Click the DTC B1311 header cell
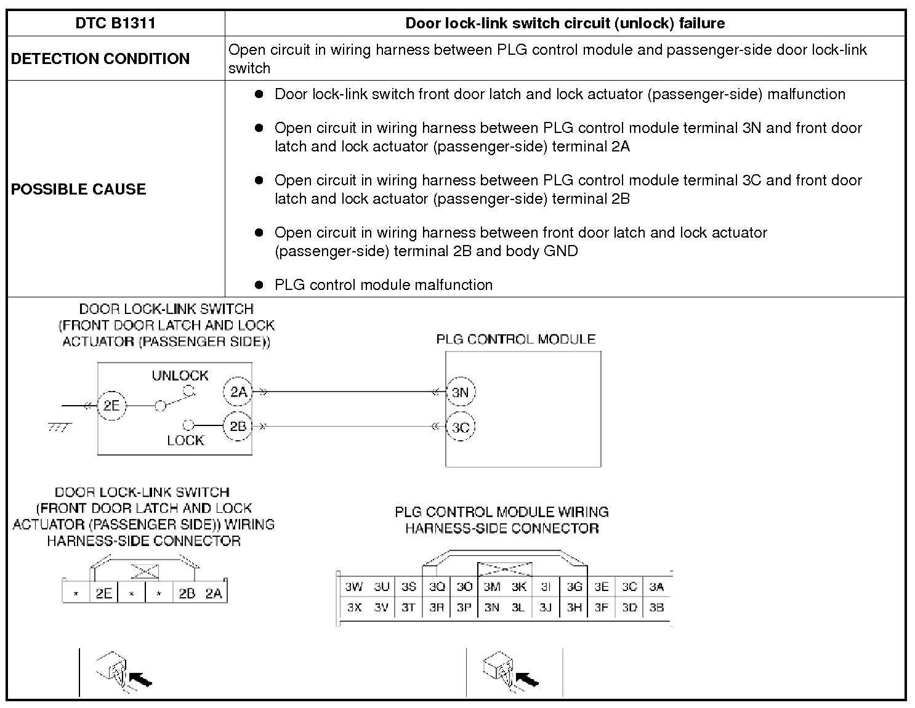[115, 23]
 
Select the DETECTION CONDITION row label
[100, 58]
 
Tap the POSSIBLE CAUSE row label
[78, 189]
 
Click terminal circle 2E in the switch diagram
[111, 406]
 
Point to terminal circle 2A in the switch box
[238, 392]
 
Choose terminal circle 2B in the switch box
[238, 426]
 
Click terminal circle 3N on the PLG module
[460, 392]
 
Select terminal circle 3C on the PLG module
[460, 427]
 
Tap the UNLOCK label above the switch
[180, 376]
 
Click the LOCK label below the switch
[185, 441]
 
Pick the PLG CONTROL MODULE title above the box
[515, 339]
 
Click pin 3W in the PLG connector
[353, 587]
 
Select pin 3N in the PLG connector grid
[491, 608]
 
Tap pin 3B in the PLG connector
[656, 608]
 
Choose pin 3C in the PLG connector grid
[629, 587]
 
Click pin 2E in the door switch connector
[103, 593]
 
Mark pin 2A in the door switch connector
[214, 593]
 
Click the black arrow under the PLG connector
[528, 679]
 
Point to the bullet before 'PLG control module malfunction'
[260, 285]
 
